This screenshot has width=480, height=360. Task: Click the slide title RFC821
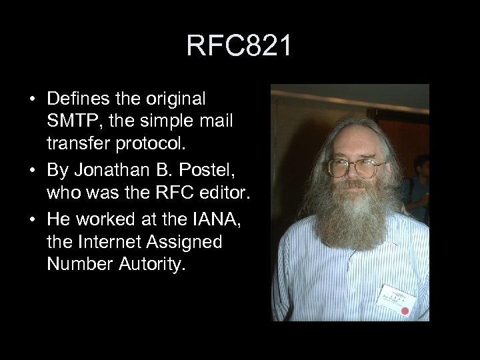click(x=239, y=46)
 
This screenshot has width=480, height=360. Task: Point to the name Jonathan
click(x=105, y=169)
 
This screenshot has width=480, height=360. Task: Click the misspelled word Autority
click(x=144, y=265)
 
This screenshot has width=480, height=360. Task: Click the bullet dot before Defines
click(x=32, y=100)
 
